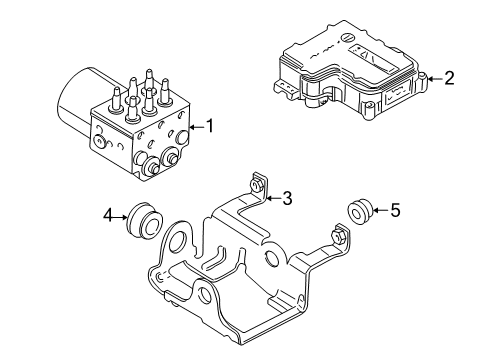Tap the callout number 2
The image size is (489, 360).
pyautogui.click(x=449, y=78)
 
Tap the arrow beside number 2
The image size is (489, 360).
pyautogui.click(x=434, y=78)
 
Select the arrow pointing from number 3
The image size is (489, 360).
pyautogui.click(x=271, y=198)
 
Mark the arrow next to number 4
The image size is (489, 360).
pyautogui.click(x=121, y=213)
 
